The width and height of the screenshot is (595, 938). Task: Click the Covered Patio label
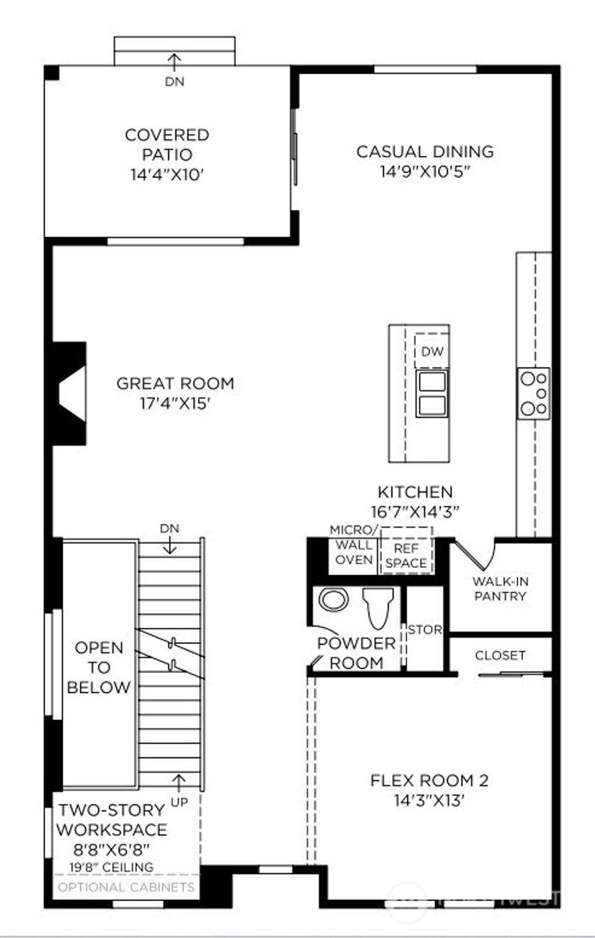[x=167, y=145]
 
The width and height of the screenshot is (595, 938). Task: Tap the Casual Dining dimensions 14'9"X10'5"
[x=425, y=171]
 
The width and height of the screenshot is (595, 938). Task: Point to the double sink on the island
[x=432, y=393]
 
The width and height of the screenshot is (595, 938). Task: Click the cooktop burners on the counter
[x=534, y=393]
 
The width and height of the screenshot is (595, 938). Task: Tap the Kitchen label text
[x=415, y=492]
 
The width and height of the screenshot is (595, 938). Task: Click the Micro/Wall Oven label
[x=354, y=545]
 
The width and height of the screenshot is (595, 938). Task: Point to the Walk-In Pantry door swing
[x=474, y=555]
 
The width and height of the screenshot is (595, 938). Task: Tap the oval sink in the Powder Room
[x=334, y=599]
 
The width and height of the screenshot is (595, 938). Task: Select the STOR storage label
[x=425, y=629]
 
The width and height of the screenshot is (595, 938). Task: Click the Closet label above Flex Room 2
[x=500, y=656]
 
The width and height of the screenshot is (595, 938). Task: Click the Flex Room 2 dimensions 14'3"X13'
[x=429, y=801]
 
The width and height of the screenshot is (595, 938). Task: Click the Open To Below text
[x=99, y=667]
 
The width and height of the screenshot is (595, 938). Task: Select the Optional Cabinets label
[x=126, y=887]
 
